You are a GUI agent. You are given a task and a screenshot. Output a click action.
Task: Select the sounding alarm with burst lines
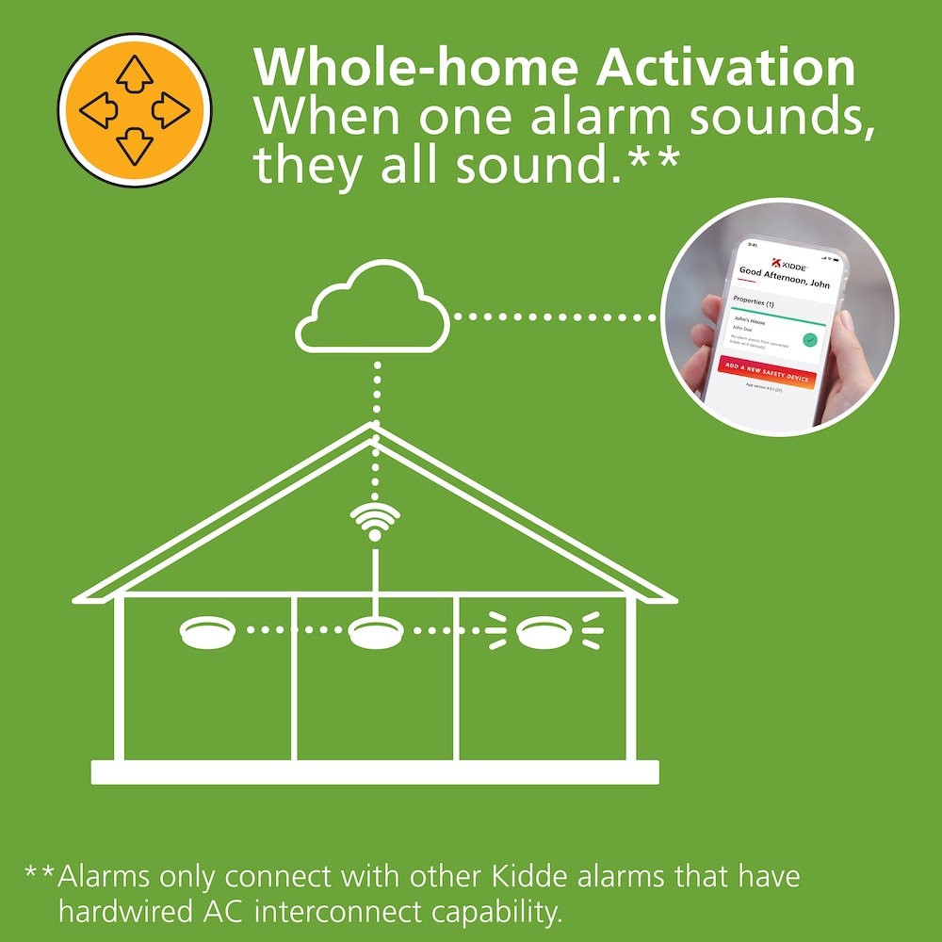click(x=540, y=631)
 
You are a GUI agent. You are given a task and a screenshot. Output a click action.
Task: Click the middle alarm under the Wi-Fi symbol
click(x=374, y=631)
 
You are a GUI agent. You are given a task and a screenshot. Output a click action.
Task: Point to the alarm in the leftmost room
click(x=206, y=631)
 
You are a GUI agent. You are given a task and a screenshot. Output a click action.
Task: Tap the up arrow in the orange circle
click(x=135, y=73)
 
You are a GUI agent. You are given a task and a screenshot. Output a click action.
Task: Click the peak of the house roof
click(x=374, y=426)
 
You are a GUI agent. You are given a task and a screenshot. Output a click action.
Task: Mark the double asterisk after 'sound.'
click(x=651, y=162)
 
